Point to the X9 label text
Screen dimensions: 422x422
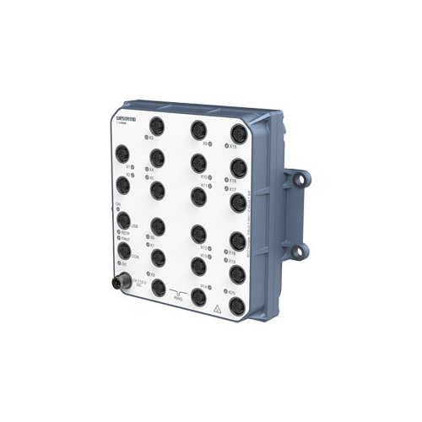click(205, 143)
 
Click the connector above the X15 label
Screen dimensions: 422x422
click(236, 131)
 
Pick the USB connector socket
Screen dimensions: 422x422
click(124, 221)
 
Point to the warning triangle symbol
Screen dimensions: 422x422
click(218, 309)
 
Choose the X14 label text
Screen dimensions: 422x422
click(204, 288)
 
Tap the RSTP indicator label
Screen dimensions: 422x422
click(125, 232)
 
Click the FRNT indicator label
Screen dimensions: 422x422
click(125, 239)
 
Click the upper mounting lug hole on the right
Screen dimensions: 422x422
click(297, 180)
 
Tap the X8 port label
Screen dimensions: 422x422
click(150, 274)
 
